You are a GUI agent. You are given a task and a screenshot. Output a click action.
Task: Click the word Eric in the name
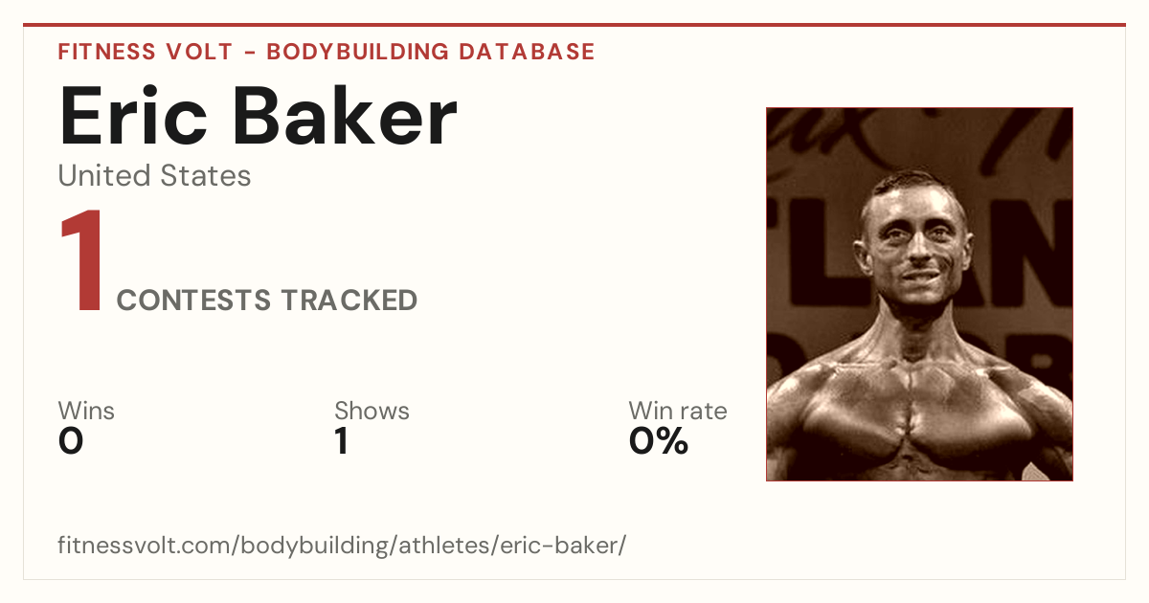click(x=133, y=116)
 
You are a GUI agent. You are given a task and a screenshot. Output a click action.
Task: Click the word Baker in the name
click(x=345, y=116)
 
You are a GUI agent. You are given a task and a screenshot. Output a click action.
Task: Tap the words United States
click(x=154, y=175)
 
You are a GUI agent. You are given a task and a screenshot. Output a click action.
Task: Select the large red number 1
click(x=82, y=260)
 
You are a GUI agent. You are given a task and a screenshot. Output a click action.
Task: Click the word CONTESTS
click(x=193, y=301)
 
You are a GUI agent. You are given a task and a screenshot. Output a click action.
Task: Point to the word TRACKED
click(x=349, y=301)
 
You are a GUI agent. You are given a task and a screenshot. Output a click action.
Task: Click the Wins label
click(x=86, y=411)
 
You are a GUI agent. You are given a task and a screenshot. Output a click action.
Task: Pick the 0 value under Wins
click(x=71, y=441)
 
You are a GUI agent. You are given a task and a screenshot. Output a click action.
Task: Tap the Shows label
click(x=372, y=411)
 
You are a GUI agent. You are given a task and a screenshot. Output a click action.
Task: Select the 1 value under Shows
click(x=342, y=441)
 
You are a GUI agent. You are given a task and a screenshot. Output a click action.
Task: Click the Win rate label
click(x=678, y=411)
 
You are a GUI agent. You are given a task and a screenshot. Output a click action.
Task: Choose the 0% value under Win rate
click(x=659, y=441)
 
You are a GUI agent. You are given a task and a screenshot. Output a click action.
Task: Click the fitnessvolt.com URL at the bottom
click(x=342, y=545)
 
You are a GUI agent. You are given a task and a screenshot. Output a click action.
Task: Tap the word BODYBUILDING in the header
click(x=357, y=52)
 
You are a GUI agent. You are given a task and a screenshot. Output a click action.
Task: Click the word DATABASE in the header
click(x=527, y=52)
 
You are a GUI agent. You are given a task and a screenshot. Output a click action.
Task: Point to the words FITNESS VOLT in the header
click(x=146, y=52)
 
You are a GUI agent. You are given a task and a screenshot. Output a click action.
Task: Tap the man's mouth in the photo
click(x=922, y=276)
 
